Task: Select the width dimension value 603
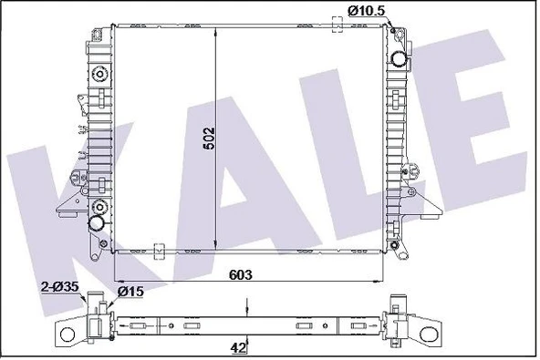pos(241,274)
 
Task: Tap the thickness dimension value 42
pos(239,347)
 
